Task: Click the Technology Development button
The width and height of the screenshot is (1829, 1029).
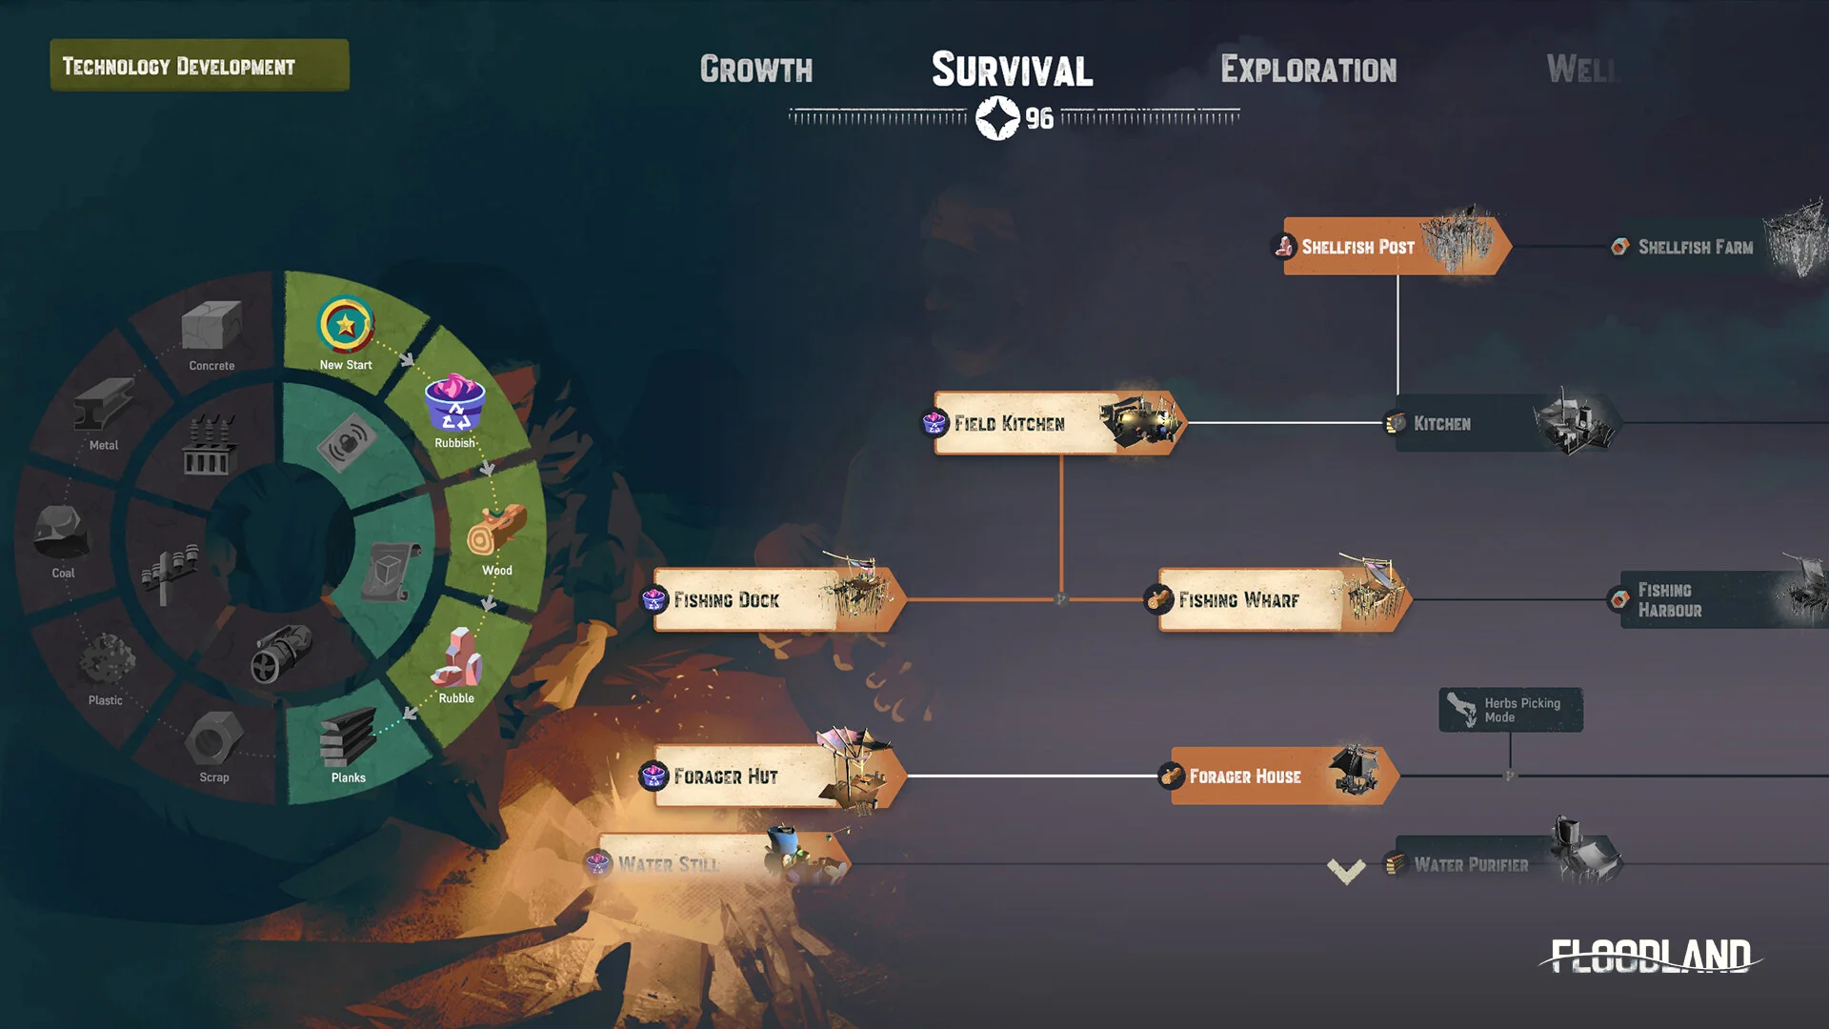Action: click(199, 66)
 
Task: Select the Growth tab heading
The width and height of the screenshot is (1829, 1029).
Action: click(756, 70)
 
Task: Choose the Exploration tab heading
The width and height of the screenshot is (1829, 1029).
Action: click(1308, 70)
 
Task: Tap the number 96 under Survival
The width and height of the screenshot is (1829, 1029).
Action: click(1039, 119)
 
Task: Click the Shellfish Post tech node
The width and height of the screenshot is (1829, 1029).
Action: click(1391, 247)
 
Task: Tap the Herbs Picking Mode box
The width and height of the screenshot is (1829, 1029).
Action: click(1511, 710)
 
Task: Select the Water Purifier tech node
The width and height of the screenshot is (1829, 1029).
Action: click(1505, 864)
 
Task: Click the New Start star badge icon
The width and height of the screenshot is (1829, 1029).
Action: click(346, 325)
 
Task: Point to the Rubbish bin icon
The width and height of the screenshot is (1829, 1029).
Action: click(454, 404)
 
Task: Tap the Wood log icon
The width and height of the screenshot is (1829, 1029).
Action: click(496, 531)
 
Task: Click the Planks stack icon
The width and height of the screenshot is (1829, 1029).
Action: click(348, 738)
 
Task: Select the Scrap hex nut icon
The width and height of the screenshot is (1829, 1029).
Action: click(214, 738)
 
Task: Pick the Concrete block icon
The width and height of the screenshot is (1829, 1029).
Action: click(211, 326)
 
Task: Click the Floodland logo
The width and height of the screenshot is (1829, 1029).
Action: click(1651, 956)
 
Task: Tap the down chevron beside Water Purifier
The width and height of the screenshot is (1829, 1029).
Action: click(1346, 870)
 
